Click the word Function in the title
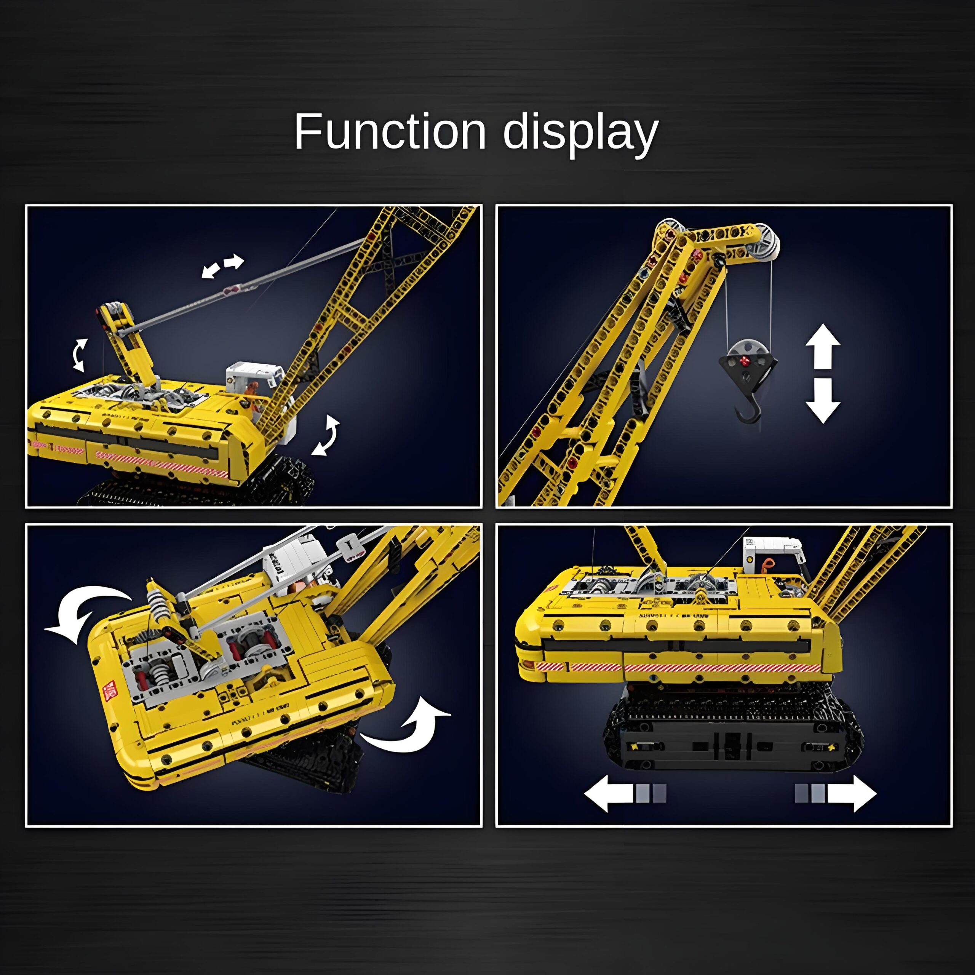(390, 132)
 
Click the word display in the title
(581, 134)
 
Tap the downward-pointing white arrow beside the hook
(823, 401)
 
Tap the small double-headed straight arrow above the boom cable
(223, 266)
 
